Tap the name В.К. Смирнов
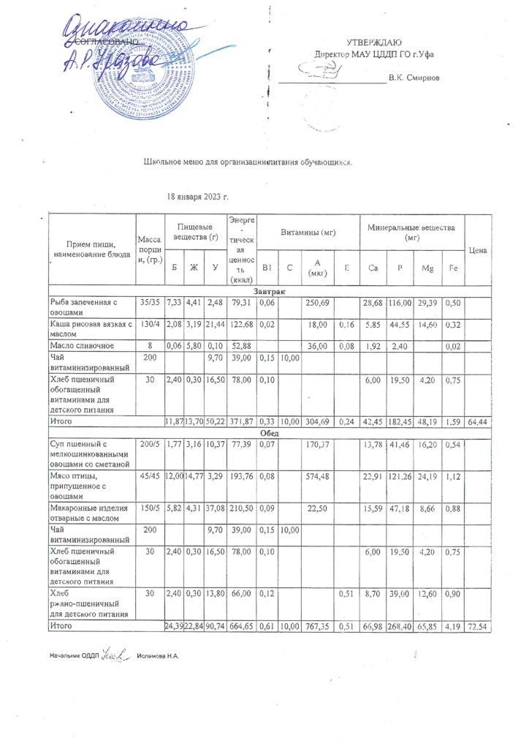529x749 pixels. pos(414,77)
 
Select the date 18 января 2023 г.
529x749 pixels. pos(198,197)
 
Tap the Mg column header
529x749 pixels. pos(427,268)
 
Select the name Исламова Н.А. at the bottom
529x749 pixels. pos(158,655)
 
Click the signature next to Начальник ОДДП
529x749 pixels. pos(115,653)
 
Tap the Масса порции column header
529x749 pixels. pos(149,249)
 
